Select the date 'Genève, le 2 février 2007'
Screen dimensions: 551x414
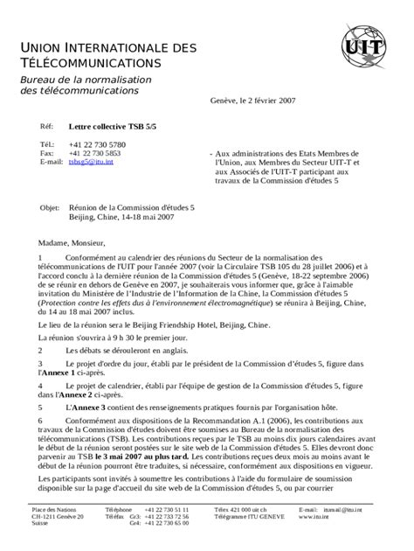tap(252, 101)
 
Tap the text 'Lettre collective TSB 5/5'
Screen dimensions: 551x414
tap(112, 127)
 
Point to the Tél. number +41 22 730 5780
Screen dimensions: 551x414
tap(97, 143)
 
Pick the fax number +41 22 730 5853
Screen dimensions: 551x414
tap(97, 153)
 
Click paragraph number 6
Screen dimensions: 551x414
tap(40, 420)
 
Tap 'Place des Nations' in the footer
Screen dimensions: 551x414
tap(54, 509)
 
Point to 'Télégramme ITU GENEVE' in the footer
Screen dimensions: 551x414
tap(249, 516)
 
